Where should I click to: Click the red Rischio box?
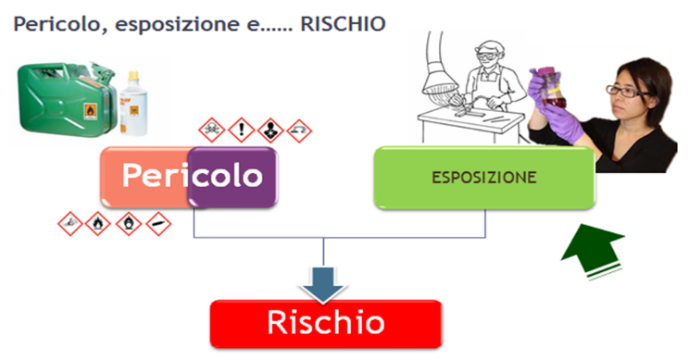pos(324,323)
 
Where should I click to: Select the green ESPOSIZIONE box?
pos(482,177)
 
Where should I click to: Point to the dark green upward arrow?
pos(594,246)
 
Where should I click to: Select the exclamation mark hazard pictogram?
pos(241,129)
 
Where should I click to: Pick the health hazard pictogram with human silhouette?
pos(270,129)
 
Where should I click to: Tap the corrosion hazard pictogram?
pos(299,130)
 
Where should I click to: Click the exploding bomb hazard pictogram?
pos(70,223)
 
